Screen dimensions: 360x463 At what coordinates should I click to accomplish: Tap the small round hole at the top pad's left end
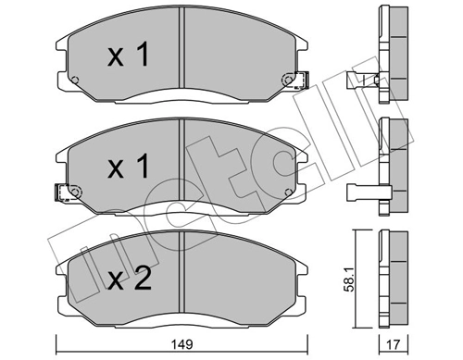click(78, 78)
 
